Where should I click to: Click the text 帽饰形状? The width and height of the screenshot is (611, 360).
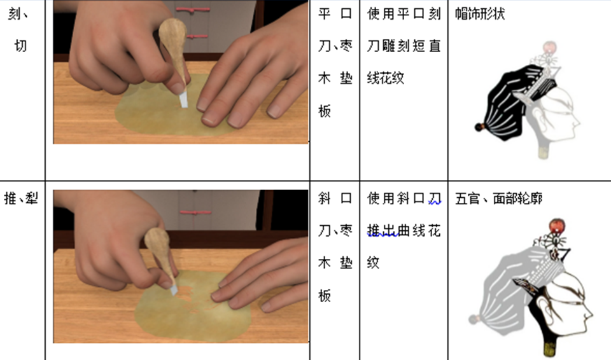point(480,14)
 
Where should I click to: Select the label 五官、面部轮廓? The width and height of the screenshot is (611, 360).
point(499,198)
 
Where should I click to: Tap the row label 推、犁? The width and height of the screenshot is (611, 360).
point(21,198)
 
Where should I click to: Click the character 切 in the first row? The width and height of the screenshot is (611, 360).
point(20,46)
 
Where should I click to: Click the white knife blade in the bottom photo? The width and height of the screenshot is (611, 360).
point(173,289)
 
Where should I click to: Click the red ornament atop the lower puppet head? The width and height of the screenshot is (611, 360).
point(557,226)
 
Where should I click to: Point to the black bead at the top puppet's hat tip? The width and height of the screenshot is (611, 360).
point(479,127)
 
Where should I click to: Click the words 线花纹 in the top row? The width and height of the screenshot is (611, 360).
point(386,78)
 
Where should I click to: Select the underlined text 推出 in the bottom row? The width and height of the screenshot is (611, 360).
point(383,231)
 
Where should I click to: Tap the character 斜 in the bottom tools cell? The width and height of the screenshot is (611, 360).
point(325,198)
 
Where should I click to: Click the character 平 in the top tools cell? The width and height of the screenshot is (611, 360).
point(325,14)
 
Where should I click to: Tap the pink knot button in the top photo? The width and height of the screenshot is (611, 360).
point(193,8)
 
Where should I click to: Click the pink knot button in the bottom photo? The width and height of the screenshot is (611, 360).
point(195,212)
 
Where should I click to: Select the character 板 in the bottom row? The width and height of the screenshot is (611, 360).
point(325,296)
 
